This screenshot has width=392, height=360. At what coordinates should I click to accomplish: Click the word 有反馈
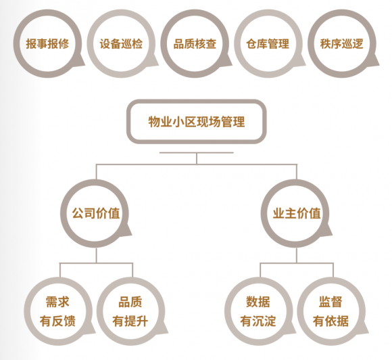coord(57,321)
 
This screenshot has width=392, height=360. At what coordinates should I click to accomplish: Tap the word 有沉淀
coord(258,321)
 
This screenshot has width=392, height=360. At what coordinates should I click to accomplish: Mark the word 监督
coord(330,302)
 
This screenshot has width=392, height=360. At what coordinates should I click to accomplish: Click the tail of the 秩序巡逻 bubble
coord(374,62)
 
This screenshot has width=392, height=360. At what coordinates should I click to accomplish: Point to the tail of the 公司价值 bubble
coord(127,231)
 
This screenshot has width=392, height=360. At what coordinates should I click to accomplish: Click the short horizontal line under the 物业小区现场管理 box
coord(197,152)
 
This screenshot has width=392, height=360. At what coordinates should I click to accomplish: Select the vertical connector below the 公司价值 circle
coord(96,255)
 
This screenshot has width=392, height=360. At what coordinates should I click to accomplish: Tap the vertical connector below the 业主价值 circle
coord(297,255)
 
